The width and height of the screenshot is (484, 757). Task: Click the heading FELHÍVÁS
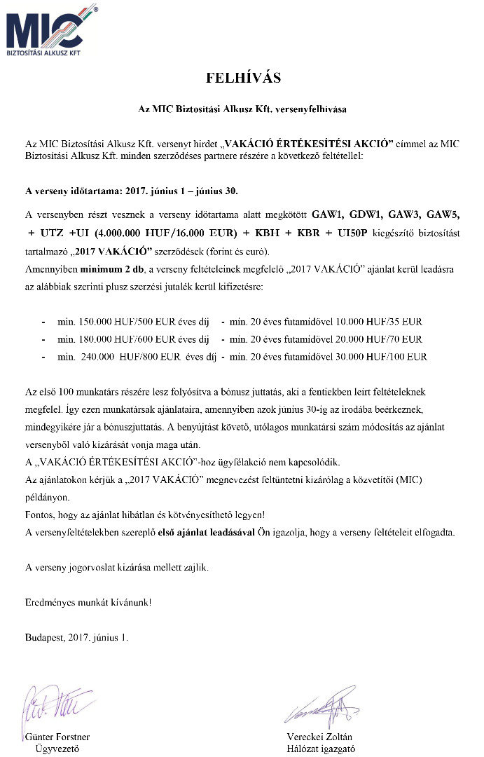click(x=243, y=78)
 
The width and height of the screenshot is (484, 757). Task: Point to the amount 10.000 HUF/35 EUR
click(x=372, y=322)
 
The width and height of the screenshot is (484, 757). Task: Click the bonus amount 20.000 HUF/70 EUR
click(x=372, y=339)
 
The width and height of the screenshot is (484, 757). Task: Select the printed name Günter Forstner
click(x=57, y=737)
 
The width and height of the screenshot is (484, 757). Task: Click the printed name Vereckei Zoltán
click(x=319, y=737)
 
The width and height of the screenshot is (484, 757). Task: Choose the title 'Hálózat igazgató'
click(x=321, y=748)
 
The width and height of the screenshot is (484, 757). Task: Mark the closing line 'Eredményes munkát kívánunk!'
click(x=88, y=602)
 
